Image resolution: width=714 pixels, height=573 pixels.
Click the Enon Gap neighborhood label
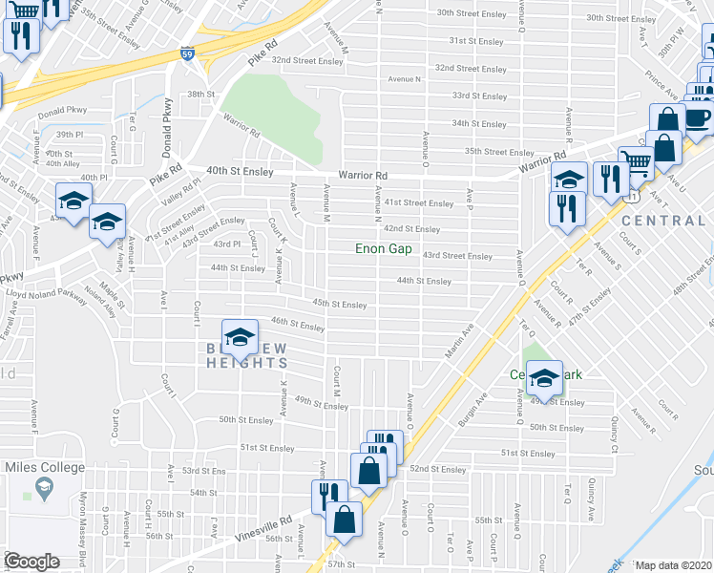point(383,249)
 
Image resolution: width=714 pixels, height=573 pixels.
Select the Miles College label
point(45,468)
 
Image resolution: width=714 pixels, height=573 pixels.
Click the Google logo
point(31,562)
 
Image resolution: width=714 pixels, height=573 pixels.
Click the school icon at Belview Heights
point(240,337)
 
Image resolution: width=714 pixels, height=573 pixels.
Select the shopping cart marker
point(636,161)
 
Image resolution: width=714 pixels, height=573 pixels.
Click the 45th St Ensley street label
point(340,305)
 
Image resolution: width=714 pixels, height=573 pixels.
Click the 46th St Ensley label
point(298,325)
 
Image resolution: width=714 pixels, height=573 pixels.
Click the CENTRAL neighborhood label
point(663,221)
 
